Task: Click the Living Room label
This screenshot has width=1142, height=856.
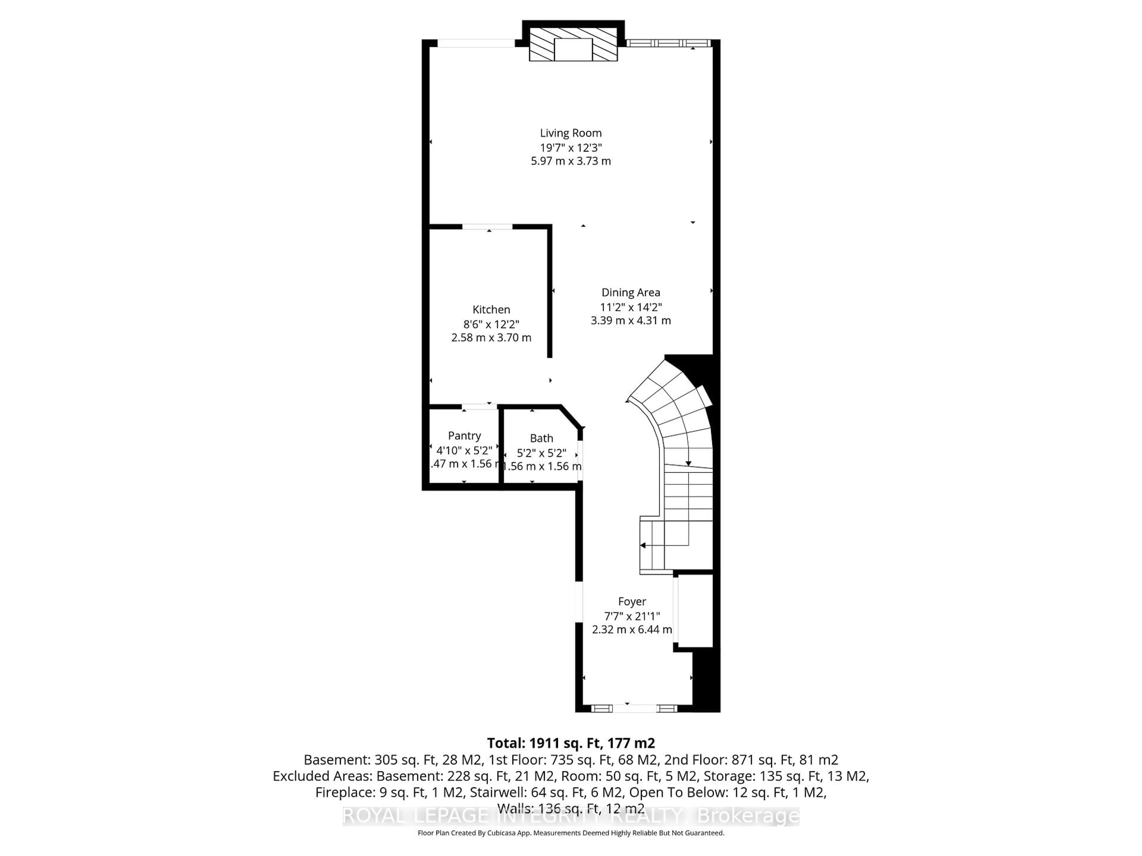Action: click(570, 133)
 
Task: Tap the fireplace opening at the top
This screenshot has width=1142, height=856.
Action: click(573, 50)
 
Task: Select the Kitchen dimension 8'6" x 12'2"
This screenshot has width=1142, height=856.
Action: click(491, 324)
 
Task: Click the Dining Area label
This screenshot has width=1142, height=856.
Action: click(630, 292)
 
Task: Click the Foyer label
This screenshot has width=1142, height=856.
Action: click(632, 602)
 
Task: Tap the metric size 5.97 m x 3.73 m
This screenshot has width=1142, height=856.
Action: click(570, 161)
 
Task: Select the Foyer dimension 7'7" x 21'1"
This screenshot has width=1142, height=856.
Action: click(632, 616)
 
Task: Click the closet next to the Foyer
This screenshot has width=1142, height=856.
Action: click(695, 611)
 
